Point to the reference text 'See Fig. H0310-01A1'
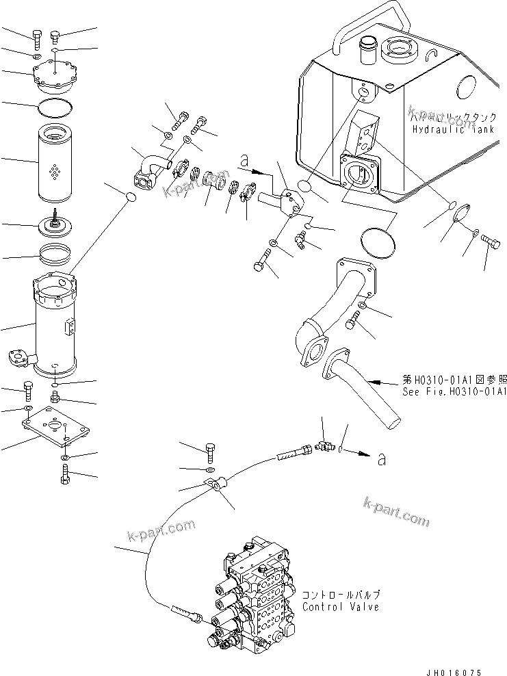[x=454, y=391]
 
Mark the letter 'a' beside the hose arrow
[x=382, y=459]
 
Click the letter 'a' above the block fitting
[x=244, y=162]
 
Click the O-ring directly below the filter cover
[x=55, y=106]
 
